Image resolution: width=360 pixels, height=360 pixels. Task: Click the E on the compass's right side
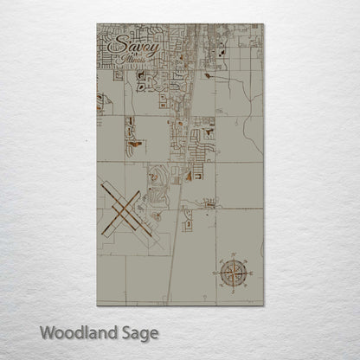(251, 272)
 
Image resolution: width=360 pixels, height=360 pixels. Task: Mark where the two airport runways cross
(121, 210)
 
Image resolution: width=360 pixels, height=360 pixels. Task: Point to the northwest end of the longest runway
(101, 182)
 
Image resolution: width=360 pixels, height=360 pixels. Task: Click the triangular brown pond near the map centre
(186, 176)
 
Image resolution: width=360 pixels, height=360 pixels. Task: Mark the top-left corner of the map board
(97, 24)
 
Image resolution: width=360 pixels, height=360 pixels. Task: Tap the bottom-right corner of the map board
(264, 305)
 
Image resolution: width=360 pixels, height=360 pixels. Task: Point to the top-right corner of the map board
(264, 24)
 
